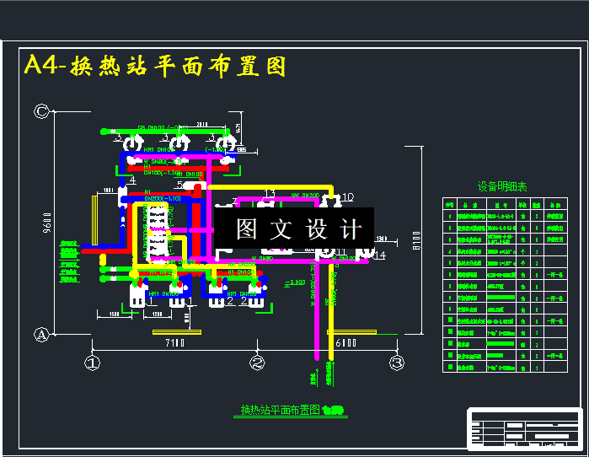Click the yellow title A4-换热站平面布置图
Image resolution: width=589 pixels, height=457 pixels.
[x=155, y=66]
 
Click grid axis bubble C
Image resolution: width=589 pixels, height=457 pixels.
[x=40, y=110]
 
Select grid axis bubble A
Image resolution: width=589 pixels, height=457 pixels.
[x=40, y=335]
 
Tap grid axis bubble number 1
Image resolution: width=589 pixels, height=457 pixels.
[x=92, y=363]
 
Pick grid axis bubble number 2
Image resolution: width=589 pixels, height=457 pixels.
[x=258, y=363]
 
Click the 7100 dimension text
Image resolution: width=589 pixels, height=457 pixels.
[x=174, y=343]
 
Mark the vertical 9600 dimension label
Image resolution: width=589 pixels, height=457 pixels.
[x=47, y=225]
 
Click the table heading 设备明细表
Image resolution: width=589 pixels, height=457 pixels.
[x=502, y=187]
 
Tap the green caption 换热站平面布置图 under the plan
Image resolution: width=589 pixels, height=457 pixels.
[x=281, y=410]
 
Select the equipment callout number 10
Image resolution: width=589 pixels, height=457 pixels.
[x=348, y=197]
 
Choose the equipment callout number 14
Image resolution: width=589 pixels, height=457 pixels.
[x=380, y=255]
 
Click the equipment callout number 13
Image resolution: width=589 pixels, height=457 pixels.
[x=269, y=195]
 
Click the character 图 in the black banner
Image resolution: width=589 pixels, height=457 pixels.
[x=246, y=229]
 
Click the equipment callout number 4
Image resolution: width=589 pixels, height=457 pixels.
[x=132, y=180]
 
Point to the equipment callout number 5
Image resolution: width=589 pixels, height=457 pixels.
[x=179, y=185]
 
